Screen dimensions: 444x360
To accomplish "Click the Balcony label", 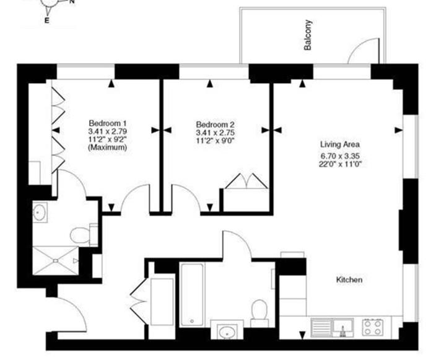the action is [x=308, y=35].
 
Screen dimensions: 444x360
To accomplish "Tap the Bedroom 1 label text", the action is [x=108, y=123].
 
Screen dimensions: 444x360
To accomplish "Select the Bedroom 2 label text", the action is [x=215, y=125].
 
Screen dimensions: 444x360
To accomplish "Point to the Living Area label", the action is [x=340, y=144].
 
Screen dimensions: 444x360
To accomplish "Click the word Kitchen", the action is [x=349, y=280].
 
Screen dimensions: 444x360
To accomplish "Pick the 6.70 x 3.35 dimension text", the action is [x=340, y=156].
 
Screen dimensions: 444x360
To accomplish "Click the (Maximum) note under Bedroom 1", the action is [x=108, y=147].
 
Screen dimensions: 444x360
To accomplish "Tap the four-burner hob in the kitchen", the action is [x=373, y=327].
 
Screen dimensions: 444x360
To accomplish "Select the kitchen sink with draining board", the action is [x=332, y=328].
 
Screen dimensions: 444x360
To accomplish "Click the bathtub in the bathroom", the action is [x=192, y=294].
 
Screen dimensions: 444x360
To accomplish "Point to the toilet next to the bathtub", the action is [x=259, y=314].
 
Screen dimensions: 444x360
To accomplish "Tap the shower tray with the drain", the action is [x=56, y=261].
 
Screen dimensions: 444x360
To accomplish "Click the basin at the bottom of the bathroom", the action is [x=227, y=331].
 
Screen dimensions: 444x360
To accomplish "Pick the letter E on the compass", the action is [x=46, y=20].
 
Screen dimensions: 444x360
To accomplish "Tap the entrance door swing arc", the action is [x=76, y=309].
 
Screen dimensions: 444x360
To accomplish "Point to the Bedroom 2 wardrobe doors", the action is [x=246, y=181].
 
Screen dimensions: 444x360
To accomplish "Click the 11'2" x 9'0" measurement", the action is [x=215, y=141].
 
